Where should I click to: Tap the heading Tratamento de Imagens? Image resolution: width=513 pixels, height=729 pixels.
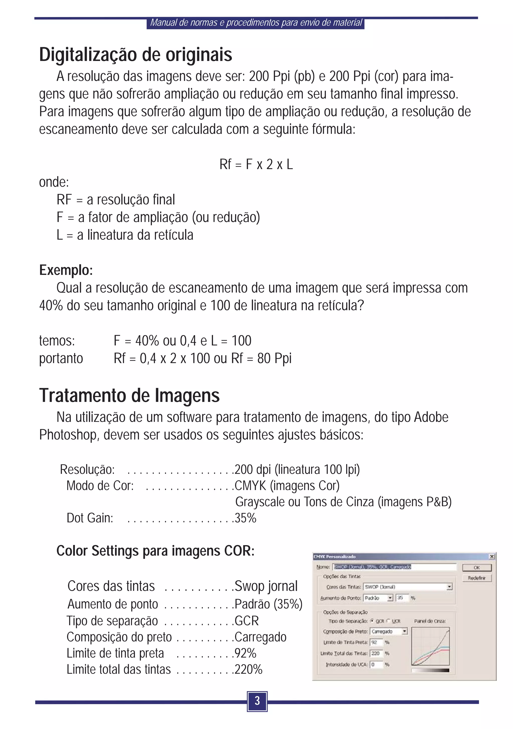coord(129,396)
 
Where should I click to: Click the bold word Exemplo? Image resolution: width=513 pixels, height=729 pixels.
coord(66,270)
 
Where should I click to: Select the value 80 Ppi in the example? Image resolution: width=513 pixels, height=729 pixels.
coord(274,358)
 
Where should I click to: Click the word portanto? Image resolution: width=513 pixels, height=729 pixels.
coord(61,358)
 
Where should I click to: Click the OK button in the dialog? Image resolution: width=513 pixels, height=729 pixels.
coord(476,567)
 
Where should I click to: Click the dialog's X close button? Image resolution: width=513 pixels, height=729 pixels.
coord(492,556)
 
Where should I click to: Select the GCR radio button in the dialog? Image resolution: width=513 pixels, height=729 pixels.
coord(372,621)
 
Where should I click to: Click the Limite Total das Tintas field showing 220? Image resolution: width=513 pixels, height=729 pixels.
coord(376,653)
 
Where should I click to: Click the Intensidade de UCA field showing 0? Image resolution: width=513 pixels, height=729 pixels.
coord(376,664)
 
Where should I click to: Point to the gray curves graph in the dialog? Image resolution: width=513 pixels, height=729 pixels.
coord(430,646)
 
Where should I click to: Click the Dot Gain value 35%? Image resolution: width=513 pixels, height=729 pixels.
coord(245,518)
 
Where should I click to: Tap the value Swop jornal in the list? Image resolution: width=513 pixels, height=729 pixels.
coord(266,586)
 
